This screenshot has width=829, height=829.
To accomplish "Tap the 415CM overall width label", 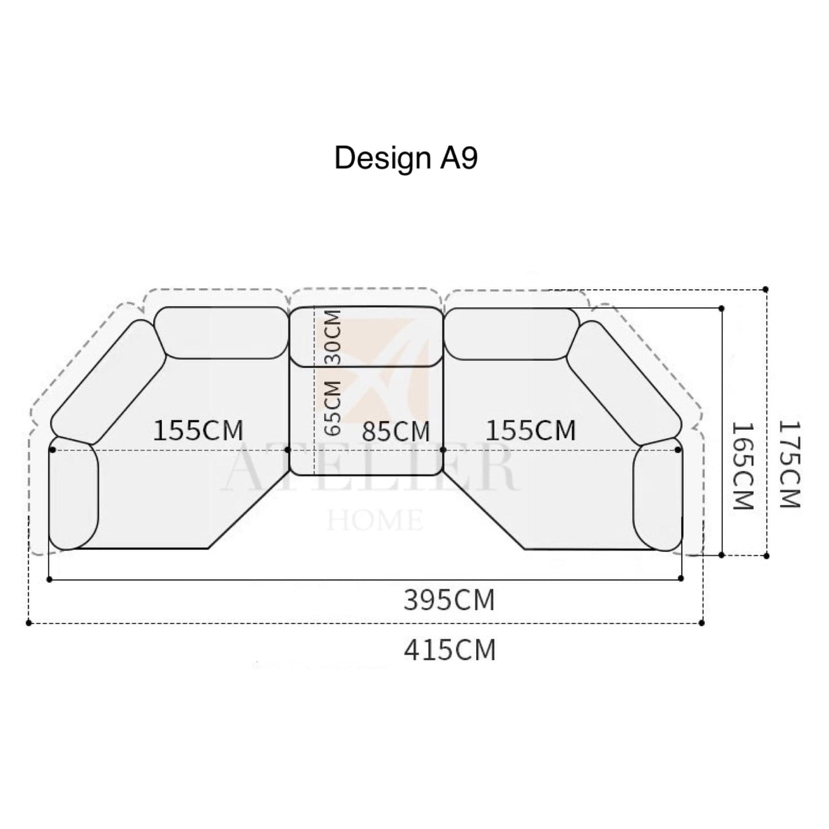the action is point(450,650).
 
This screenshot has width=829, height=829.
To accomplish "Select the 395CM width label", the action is point(449,600).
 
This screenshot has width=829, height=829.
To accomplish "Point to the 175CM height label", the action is point(790,464).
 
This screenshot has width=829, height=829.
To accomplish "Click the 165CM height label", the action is point(743,465).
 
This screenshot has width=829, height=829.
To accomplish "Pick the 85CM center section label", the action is point(396,431).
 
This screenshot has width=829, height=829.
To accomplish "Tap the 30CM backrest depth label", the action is point(333,337).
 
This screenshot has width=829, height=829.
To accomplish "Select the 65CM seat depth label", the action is point(333,407).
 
